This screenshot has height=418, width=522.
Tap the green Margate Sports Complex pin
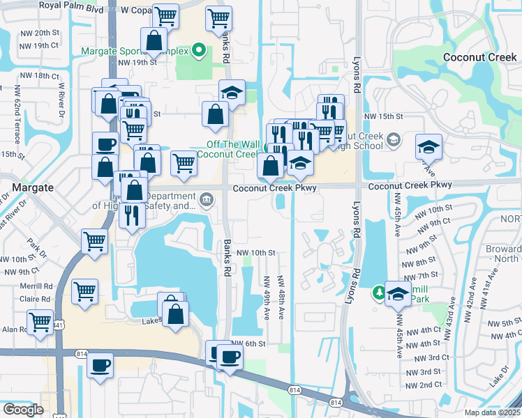(x=199, y=49)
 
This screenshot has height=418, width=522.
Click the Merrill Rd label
(x=36, y=286)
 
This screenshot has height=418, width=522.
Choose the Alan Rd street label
(x=13, y=330)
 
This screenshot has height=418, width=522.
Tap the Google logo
(x=23, y=410)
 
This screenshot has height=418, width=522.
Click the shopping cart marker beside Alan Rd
(x=40, y=323)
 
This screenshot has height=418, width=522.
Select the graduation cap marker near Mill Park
(x=398, y=293)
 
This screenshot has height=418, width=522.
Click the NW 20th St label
(x=40, y=33)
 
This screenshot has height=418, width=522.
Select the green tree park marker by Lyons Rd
(x=378, y=291)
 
